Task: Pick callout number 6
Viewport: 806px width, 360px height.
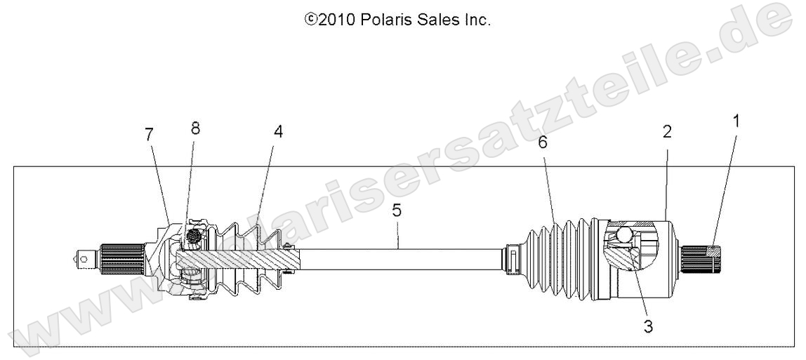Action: [x=543, y=142]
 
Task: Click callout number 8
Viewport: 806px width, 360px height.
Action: [x=195, y=128]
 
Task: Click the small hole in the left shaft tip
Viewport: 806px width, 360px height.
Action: [x=85, y=259]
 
